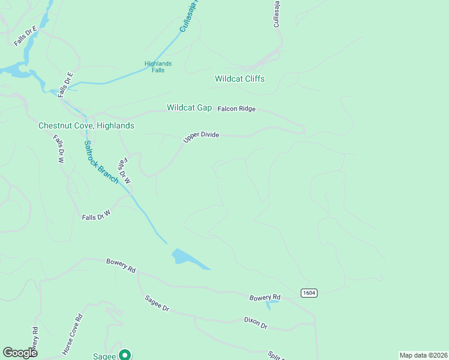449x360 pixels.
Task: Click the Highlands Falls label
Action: coord(158,67)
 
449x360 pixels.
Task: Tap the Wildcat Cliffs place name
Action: coord(240,79)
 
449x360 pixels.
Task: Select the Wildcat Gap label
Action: coord(189,108)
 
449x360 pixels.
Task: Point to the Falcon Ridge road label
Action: coord(237,109)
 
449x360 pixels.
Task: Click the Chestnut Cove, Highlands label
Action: coord(86,126)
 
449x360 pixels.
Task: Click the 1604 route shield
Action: coord(309,293)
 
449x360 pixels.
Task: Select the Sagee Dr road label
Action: coord(157,303)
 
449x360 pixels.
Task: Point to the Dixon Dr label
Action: coord(256,323)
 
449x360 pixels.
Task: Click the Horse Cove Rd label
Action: coord(72,334)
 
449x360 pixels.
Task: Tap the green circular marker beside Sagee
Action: coord(125,355)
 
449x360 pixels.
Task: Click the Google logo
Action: coord(20,353)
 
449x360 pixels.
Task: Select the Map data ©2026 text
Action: coord(423,355)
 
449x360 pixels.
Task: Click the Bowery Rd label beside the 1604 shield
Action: coord(265,298)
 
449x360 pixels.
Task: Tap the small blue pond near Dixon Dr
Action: coord(272,305)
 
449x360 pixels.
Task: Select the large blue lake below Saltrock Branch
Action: coord(186,258)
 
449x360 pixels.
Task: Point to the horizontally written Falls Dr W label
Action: coord(97,214)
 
